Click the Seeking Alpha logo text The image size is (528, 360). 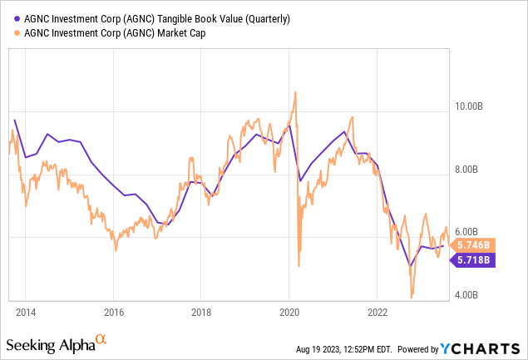point(48,344)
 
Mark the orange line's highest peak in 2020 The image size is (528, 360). point(294,92)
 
